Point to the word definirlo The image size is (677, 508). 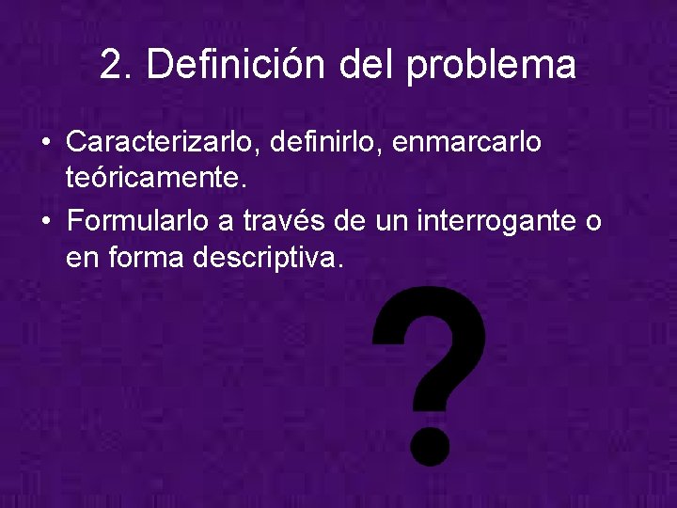click(x=324, y=143)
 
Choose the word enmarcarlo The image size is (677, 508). click(x=466, y=143)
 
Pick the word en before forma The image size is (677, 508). click(x=84, y=257)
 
